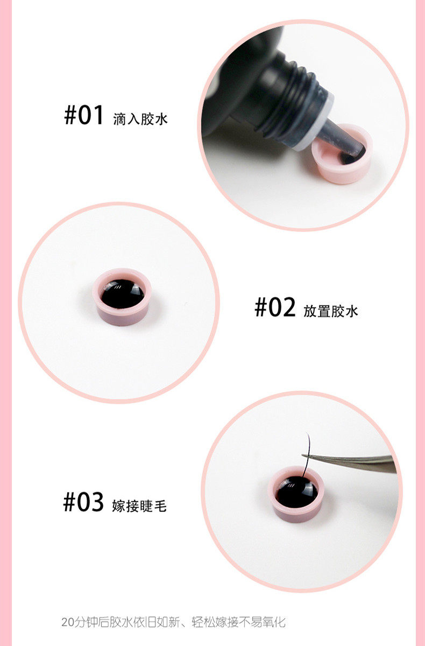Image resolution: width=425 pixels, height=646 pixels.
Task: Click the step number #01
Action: click(x=83, y=115)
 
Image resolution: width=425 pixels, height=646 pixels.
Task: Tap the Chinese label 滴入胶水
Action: click(x=140, y=119)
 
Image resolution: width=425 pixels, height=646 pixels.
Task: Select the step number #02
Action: click(x=275, y=307)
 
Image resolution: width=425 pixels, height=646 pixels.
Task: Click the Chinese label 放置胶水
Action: click(x=331, y=311)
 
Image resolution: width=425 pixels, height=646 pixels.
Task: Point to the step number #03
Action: click(x=83, y=502)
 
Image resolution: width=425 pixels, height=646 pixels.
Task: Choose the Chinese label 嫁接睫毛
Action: click(x=139, y=506)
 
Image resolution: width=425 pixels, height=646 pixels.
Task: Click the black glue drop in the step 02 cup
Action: click(x=123, y=293)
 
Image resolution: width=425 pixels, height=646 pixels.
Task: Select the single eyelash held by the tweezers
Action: click(x=307, y=455)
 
